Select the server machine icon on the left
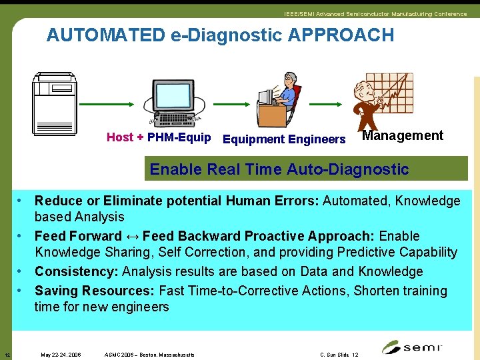[x=55, y=103]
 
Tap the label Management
[x=402, y=136]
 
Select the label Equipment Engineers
[x=284, y=139]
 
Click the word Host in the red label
[x=120, y=137]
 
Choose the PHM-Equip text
[x=179, y=137]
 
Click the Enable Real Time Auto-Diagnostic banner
[x=279, y=169]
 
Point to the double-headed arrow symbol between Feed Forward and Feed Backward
[x=132, y=236]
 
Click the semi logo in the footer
[x=413, y=347]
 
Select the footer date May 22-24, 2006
[x=61, y=355]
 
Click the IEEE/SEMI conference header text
[x=375, y=14]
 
